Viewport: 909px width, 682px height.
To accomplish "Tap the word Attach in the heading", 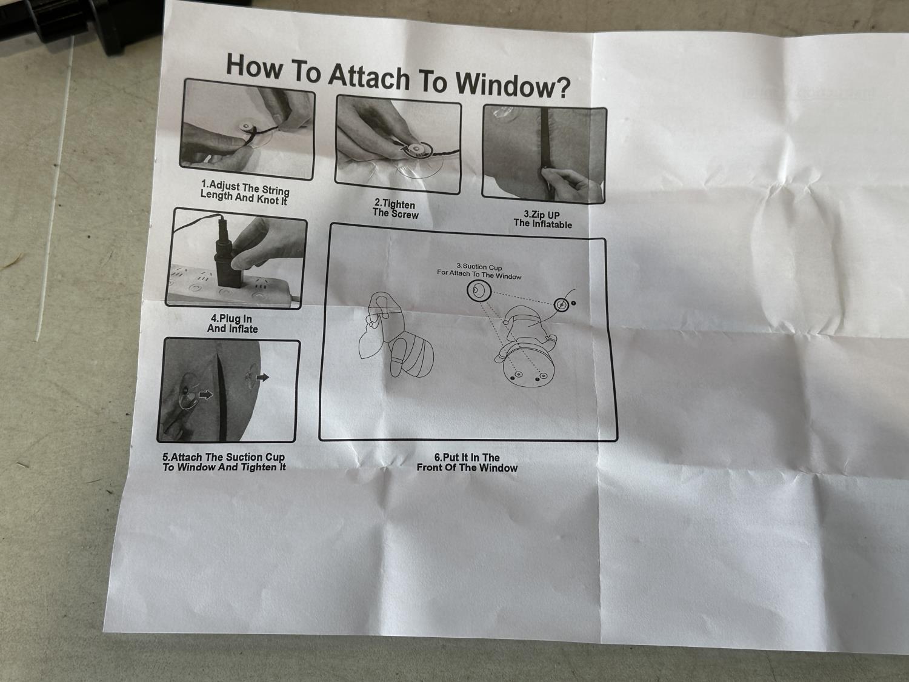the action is click(370, 76).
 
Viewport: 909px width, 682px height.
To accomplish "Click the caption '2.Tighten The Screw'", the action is click(396, 209).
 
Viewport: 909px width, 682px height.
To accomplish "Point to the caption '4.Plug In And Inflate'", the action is click(232, 323).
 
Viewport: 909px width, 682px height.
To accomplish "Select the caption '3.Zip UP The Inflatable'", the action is click(542, 219).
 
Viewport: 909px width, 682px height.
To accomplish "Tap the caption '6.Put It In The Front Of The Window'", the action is click(467, 463).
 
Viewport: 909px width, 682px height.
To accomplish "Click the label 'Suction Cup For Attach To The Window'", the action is click(479, 272).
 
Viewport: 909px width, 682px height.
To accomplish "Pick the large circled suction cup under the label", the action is click(479, 291).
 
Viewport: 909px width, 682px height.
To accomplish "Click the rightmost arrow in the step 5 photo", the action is click(262, 377).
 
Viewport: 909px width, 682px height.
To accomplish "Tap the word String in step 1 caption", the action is click(275, 190).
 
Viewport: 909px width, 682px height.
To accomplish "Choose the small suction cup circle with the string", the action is click(561, 305).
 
